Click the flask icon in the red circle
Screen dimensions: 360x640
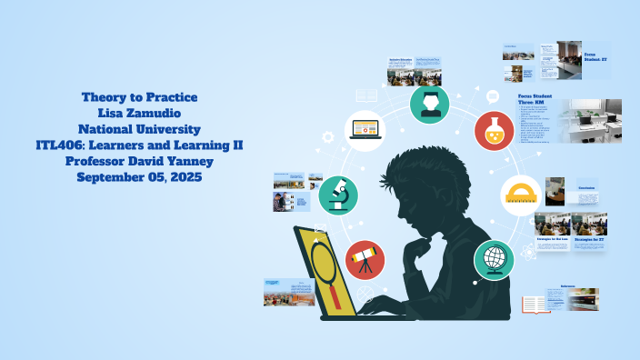coord(495,131)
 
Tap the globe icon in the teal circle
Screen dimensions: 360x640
coord(495,259)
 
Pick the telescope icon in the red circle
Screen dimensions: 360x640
coord(365,259)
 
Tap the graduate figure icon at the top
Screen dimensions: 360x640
coord(429,104)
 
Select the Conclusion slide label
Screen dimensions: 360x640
coord(586,189)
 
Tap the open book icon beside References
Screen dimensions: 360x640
coord(535,304)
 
